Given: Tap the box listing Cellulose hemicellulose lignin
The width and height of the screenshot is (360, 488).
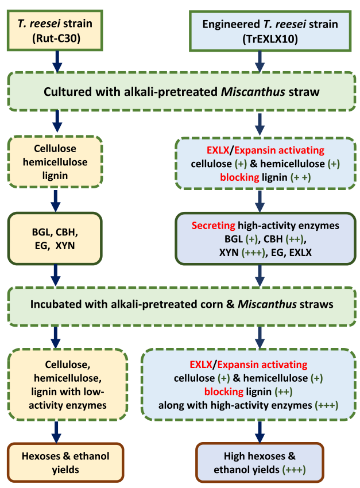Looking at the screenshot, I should point(55,162).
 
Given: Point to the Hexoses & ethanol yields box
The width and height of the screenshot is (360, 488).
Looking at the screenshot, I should point(55,463).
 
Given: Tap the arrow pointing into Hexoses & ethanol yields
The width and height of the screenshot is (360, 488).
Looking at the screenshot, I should point(56,431).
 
